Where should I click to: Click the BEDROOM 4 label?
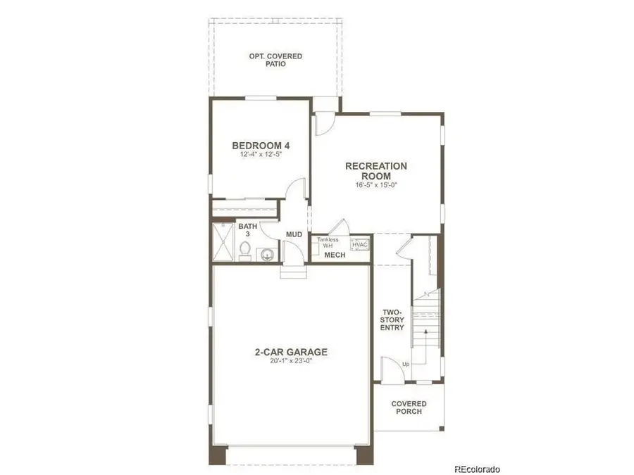tap(261, 146)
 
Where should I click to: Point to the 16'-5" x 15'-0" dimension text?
tap(375, 186)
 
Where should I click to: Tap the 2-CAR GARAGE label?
tap(291, 352)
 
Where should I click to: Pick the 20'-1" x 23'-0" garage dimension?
tap(291, 362)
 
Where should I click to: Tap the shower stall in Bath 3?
tap(223, 243)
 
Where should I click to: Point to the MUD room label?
tap(294, 235)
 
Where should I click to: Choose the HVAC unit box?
tap(360, 243)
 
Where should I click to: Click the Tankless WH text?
tap(328, 243)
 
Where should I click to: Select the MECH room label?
tap(335, 255)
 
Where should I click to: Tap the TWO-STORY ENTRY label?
tap(392, 320)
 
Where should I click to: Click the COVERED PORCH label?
tap(409, 407)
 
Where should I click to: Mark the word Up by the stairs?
tap(405, 364)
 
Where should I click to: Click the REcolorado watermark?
tap(477, 469)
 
